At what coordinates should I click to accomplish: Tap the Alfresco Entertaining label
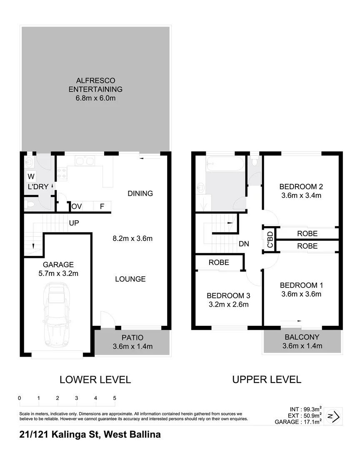(95, 84)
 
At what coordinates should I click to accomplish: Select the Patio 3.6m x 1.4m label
(132, 342)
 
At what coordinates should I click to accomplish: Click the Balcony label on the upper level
(302, 337)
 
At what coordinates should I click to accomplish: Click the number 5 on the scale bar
(115, 398)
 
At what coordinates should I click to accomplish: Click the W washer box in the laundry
(31, 176)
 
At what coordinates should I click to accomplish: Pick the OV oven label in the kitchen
(76, 206)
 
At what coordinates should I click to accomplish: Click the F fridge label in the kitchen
(101, 206)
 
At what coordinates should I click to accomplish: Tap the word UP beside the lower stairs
(74, 223)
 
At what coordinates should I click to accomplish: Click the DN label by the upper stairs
(244, 244)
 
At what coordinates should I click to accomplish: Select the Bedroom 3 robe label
(219, 262)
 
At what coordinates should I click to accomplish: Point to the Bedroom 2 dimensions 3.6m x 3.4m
(301, 195)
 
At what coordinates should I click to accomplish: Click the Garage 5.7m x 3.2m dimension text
(58, 273)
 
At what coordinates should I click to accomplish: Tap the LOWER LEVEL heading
(95, 380)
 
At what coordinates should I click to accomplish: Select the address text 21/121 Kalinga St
(58, 435)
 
